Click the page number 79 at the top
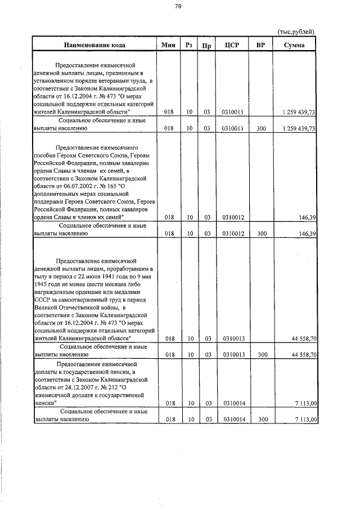[x=178, y=7]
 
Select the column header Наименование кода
[x=94, y=45]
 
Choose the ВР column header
[x=260, y=45]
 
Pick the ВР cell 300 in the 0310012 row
[x=260, y=233]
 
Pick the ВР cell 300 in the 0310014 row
[x=260, y=420]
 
